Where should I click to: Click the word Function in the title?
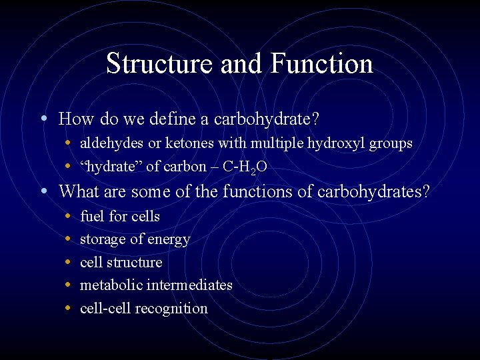[x=322, y=64]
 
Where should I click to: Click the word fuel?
[x=91, y=216]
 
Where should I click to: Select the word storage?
[x=103, y=239]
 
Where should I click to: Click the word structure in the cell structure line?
[x=137, y=262]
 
